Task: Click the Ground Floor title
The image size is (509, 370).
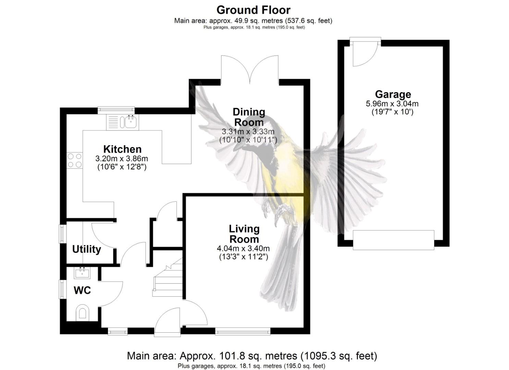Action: (x=253, y=10)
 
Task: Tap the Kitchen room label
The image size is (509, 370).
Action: (x=122, y=149)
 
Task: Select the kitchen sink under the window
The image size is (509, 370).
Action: (x=130, y=121)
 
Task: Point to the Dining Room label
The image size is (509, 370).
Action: (x=249, y=117)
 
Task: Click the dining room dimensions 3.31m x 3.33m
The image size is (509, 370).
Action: (x=248, y=132)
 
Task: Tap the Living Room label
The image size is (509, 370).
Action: (x=244, y=234)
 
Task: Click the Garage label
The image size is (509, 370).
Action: (x=393, y=94)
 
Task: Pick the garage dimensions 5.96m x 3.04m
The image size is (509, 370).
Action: (x=392, y=104)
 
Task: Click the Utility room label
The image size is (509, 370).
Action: (x=86, y=249)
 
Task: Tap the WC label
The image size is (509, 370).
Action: (x=82, y=291)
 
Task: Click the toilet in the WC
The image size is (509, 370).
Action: (x=82, y=312)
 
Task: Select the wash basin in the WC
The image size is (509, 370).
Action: (x=82, y=273)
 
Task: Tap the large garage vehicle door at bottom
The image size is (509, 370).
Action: (x=393, y=240)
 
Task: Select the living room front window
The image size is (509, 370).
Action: (x=243, y=331)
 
